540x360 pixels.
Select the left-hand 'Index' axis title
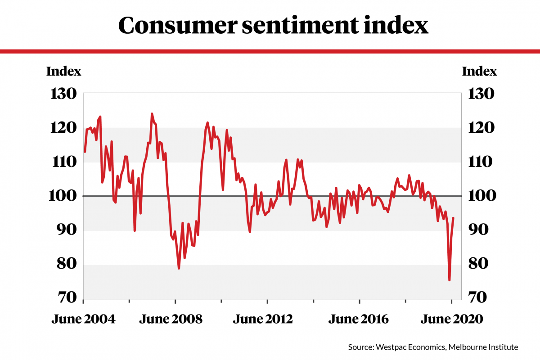pos(64,72)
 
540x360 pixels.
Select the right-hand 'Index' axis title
pos(480,72)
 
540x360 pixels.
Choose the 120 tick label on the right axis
pos(482,128)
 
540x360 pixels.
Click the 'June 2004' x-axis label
pos(83,319)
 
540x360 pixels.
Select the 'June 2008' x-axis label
pos(171,319)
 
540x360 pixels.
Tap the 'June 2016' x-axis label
pos(358,319)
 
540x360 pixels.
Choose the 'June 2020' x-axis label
pos(451,319)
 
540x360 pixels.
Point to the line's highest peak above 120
pos(152,114)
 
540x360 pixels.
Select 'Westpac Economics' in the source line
pos(400,347)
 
